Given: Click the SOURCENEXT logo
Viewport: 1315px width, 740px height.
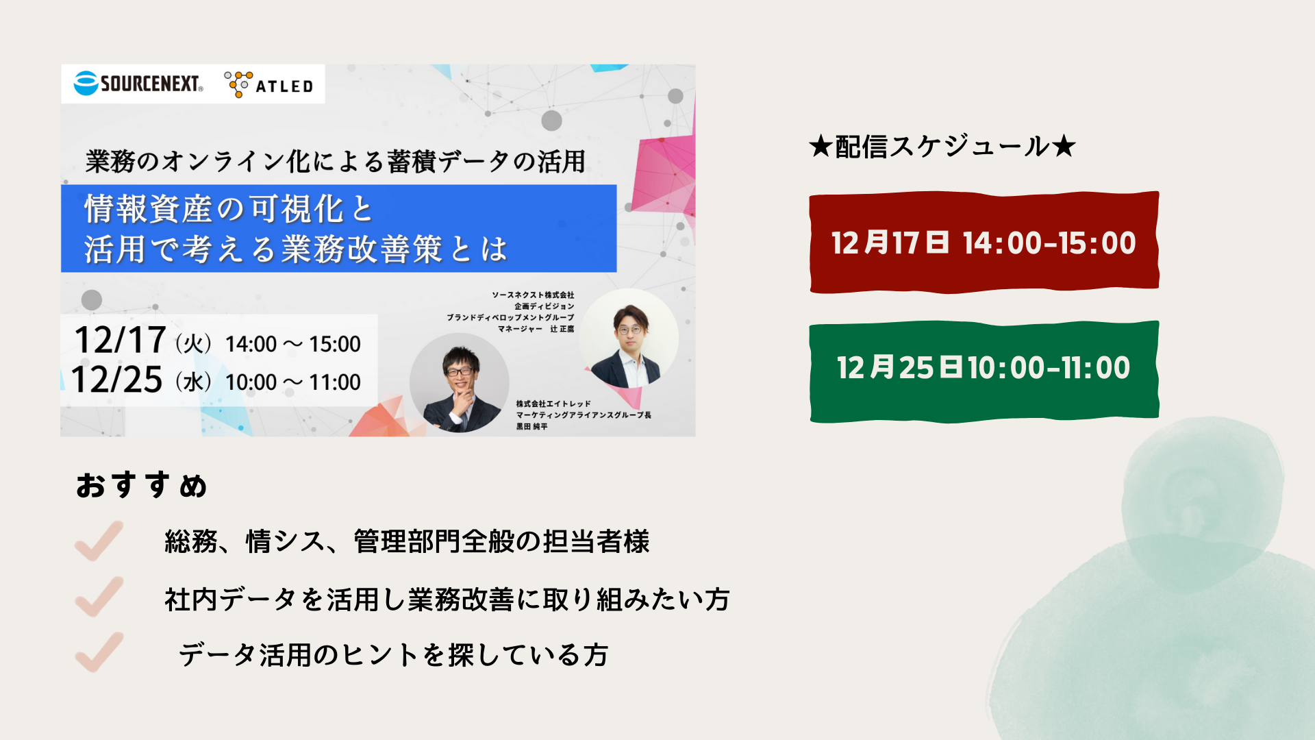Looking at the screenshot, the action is [138, 84].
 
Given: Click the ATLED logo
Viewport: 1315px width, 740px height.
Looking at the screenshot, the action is [268, 85].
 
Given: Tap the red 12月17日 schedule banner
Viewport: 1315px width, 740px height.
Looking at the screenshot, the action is [984, 243].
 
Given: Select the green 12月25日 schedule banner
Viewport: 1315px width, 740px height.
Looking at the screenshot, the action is [984, 371].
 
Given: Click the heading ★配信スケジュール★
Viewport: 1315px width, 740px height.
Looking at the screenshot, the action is [942, 147].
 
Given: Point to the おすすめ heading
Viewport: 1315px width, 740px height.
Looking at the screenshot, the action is [142, 485].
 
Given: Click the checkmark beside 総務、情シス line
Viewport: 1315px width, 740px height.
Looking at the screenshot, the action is [100, 541].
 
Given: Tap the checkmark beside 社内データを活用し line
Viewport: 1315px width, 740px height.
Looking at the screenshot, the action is [100, 597].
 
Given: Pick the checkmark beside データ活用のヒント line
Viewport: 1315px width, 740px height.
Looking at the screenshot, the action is [100, 652].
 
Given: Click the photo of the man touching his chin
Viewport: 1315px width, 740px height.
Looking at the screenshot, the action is [459, 383].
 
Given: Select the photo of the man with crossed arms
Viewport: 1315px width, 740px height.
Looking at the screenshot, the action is [629, 338].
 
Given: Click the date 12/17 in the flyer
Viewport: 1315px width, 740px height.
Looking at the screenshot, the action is [120, 340].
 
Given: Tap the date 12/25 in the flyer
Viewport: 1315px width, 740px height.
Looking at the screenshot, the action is [117, 380].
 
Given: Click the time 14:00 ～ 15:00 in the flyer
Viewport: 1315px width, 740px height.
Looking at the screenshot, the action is [293, 344].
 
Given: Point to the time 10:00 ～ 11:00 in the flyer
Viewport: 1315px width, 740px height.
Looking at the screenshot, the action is [293, 382].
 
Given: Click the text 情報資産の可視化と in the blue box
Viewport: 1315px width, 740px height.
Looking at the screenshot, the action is [229, 209].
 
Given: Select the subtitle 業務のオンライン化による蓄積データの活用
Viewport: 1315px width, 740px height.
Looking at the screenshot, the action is [336, 162].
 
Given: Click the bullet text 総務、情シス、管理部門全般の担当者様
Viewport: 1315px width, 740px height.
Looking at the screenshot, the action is [407, 541].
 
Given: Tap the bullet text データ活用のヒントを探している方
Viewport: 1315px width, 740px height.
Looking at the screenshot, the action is [394, 655].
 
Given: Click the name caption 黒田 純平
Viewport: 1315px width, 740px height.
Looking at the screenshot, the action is [532, 426].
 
